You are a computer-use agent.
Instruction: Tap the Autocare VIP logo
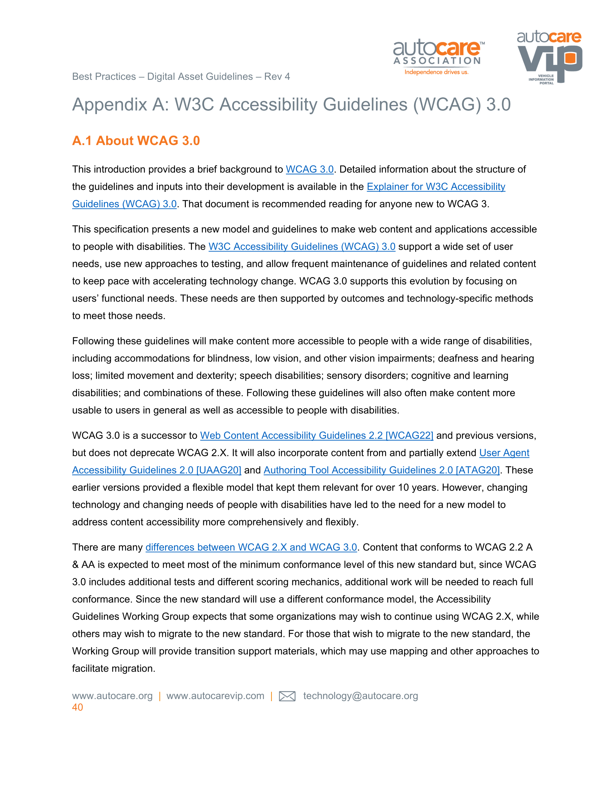click(x=549, y=57)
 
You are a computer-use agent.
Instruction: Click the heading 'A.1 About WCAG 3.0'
click(x=136, y=141)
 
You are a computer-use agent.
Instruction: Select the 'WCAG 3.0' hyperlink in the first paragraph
click(x=310, y=170)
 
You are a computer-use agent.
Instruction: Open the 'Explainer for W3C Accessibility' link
click(x=436, y=187)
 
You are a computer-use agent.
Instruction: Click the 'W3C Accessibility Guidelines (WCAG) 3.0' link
click(x=302, y=247)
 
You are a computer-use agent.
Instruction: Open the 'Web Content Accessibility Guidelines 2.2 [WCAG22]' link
click(x=316, y=436)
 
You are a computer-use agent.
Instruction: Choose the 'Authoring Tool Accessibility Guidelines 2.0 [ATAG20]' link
click(x=381, y=470)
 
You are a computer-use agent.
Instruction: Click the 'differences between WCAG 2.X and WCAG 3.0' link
click(x=251, y=547)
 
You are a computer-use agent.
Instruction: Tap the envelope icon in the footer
click(x=287, y=696)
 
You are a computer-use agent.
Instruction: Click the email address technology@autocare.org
click(x=360, y=696)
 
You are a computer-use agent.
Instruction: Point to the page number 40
click(x=77, y=707)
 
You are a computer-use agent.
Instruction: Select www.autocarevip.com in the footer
click(x=215, y=696)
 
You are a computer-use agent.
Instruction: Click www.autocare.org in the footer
click(x=112, y=696)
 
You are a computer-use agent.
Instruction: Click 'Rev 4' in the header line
click(x=277, y=77)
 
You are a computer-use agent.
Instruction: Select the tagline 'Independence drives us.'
click(x=436, y=72)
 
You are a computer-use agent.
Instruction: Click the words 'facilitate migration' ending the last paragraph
click(x=113, y=668)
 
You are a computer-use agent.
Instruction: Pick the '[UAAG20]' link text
click(x=219, y=470)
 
